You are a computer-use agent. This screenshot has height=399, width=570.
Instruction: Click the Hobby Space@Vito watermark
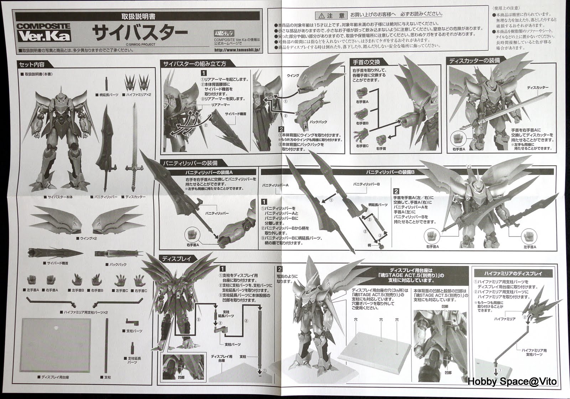[x=512, y=382]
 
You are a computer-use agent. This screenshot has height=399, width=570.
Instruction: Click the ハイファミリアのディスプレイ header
[x=513, y=273]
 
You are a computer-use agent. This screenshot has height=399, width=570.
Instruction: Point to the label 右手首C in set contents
[x=140, y=291]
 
